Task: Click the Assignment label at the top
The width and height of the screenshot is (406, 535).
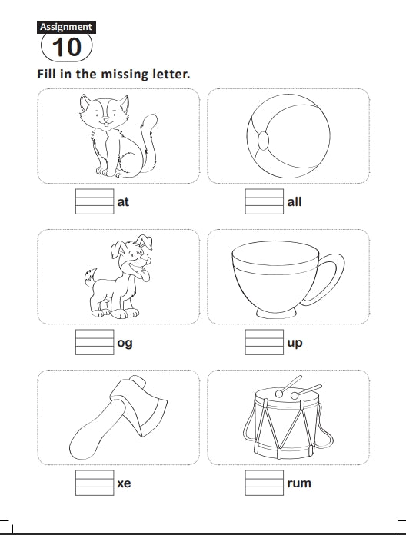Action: point(66,27)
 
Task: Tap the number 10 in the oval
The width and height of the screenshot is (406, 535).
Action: point(67,47)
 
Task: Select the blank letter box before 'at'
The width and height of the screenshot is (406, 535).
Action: point(95,201)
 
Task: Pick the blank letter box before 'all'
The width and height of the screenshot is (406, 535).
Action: point(264,201)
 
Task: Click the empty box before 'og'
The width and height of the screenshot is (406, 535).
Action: point(95,342)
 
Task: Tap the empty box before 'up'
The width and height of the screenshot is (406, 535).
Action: point(264,342)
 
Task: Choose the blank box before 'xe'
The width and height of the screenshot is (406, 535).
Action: point(95,483)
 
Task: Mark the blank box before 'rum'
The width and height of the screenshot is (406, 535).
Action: point(264,483)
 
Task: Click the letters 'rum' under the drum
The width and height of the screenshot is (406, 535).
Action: point(299,483)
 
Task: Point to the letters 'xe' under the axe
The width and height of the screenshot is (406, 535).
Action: point(124,483)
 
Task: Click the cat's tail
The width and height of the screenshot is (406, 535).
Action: point(150,143)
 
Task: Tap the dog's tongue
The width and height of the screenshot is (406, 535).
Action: point(145,276)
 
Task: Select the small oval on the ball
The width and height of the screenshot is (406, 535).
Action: point(263,141)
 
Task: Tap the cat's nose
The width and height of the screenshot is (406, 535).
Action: point(106,120)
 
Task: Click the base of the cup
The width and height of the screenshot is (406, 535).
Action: point(276,313)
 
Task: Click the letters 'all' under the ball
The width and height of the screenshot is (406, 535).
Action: point(294,201)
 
